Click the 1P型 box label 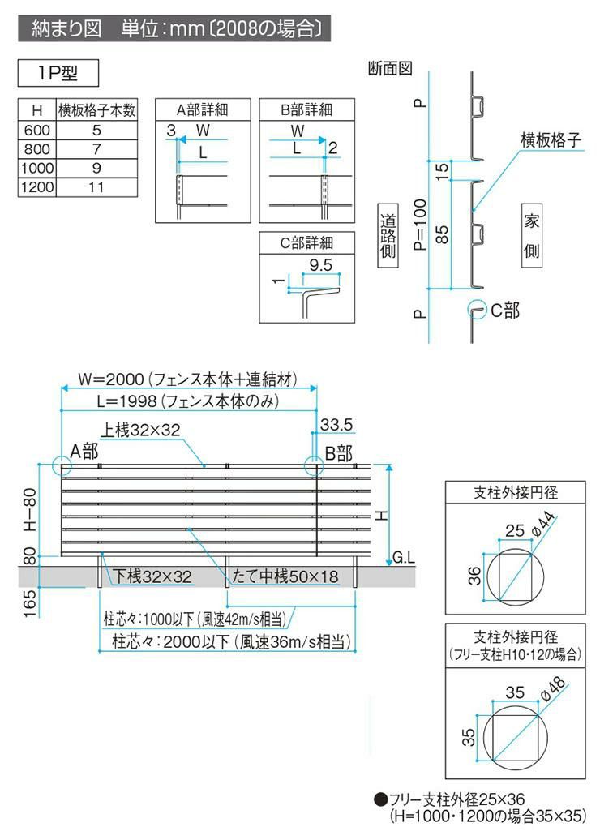(58, 73)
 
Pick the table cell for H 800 (36, 149)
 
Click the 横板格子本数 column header (96, 110)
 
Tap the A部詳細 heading (200, 110)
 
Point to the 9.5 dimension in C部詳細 (321, 264)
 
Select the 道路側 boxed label (388, 236)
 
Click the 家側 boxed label (531, 236)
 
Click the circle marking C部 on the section (474, 311)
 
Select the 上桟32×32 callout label (140, 431)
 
